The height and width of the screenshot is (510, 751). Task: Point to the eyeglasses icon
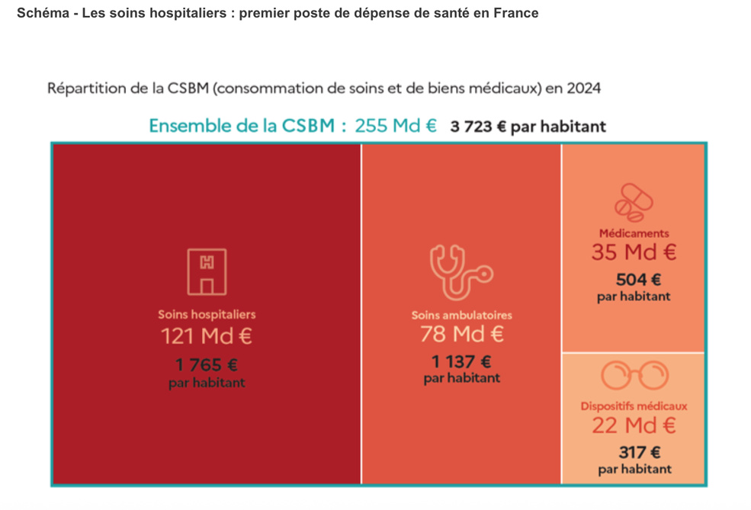(634, 376)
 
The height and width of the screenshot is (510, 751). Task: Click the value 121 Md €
(207, 335)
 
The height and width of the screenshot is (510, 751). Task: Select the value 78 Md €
(462, 335)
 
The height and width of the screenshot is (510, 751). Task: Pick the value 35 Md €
(634, 252)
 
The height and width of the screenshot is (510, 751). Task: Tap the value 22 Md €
(634, 425)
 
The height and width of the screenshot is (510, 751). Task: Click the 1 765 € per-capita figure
(207, 365)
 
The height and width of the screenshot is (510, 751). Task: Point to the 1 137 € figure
(462, 361)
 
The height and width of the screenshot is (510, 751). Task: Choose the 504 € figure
(634, 279)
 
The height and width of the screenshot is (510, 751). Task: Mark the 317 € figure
(634, 452)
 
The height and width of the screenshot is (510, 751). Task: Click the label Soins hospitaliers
(207, 314)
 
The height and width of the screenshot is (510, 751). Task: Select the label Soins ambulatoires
(462, 315)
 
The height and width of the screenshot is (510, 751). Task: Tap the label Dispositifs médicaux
(634, 406)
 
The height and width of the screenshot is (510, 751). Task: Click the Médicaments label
(634, 233)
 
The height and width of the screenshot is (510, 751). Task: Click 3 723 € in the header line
(478, 127)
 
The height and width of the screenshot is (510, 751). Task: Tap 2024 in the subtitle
(583, 88)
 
